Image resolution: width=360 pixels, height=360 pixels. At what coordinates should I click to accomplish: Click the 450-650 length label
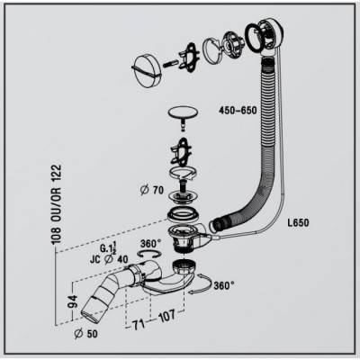pyautogui.click(x=238, y=111)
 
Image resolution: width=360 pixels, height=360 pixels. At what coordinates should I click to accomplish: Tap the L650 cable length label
pyautogui.click(x=297, y=223)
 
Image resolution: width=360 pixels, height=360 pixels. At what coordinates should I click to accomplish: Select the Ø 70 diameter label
pyautogui.click(x=152, y=190)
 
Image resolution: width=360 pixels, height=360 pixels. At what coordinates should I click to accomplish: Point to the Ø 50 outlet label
pyautogui.click(x=86, y=333)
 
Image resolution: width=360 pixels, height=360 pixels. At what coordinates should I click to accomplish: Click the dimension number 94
pyautogui.click(x=73, y=301)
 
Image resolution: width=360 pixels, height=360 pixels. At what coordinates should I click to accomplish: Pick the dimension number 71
pyautogui.click(x=139, y=324)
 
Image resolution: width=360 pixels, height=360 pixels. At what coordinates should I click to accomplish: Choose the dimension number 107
pyautogui.click(x=166, y=316)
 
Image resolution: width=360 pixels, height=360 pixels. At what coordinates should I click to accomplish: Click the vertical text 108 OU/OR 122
pyautogui.click(x=56, y=204)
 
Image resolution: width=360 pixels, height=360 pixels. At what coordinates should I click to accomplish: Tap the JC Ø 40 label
pyautogui.click(x=109, y=259)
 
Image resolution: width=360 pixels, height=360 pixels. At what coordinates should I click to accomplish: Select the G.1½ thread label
pyautogui.click(x=108, y=248)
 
